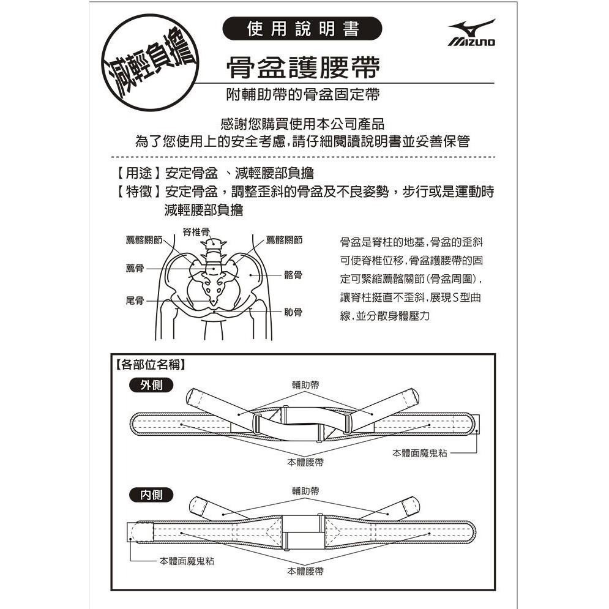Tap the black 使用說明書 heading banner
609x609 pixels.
[302, 29]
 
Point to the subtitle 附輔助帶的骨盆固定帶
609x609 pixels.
[302, 95]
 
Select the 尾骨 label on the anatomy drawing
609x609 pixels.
[135, 301]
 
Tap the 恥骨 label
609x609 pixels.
[293, 312]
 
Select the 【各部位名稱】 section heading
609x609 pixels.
[151, 366]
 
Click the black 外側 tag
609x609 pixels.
[152, 386]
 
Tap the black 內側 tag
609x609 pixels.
[152, 495]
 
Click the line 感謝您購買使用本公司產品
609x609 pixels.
[302, 123]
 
